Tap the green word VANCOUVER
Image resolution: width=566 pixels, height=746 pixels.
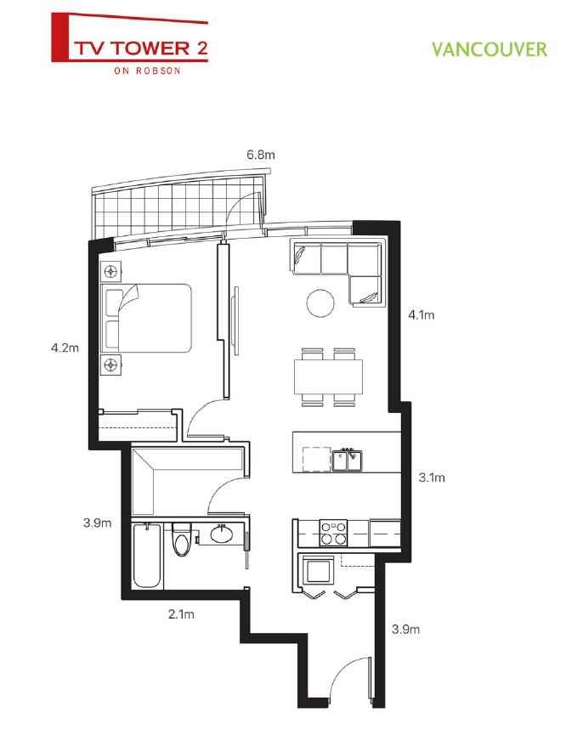(489, 49)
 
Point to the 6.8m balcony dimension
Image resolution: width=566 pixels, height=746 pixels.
(261, 155)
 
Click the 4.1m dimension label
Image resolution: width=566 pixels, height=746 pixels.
(422, 315)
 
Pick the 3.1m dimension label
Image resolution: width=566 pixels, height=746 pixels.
(432, 478)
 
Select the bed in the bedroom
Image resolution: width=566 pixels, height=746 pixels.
(145, 318)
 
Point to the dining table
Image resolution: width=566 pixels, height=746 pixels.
(328, 374)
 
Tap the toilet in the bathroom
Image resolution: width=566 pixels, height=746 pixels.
(182, 540)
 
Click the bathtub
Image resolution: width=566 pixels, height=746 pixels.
(148, 556)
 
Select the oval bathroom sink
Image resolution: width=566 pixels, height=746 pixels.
(221, 535)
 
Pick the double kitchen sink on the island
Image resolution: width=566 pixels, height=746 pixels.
(348, 461)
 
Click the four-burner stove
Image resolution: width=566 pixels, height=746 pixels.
(332, 532)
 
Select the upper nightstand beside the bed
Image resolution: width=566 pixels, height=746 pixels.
(111, 273)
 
